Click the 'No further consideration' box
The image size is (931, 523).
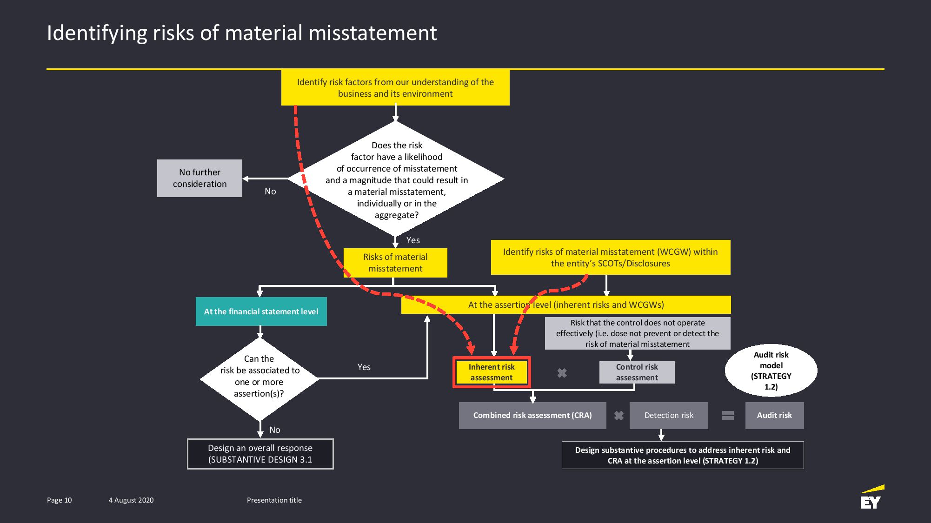coord(199,178)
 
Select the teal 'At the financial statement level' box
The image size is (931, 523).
coord(261,311)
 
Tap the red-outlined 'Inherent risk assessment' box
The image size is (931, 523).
coord(492,372)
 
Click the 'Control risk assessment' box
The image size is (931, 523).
coord(637,372)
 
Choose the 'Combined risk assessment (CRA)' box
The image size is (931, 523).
coord(532,415)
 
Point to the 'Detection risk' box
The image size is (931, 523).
coord(669,415)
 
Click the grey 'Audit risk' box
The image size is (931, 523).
coord(774,415)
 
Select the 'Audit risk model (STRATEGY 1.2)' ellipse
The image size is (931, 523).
coord(771,371)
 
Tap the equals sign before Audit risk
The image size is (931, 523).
coord(728,416)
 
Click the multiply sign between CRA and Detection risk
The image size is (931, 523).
coord(618,416)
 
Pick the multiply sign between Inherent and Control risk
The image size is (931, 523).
coord(562,373)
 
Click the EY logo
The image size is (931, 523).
coord(872,497)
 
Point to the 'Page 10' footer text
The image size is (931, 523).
coord(60,500)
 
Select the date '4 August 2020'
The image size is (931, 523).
coord(131,500)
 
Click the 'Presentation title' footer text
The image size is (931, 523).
coord(274,500)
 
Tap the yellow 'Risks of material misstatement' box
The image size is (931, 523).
coord(395,263)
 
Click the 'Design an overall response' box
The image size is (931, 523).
coord(260,454)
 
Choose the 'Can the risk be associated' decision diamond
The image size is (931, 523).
coord(259,379)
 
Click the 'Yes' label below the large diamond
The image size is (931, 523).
coord(413,240)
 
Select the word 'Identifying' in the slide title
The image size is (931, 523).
coord(97,33)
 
